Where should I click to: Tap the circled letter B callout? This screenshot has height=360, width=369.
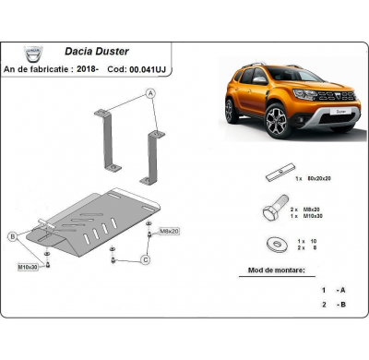[x=13, y=237]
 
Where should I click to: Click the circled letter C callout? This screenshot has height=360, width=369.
[x=146, y=261]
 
